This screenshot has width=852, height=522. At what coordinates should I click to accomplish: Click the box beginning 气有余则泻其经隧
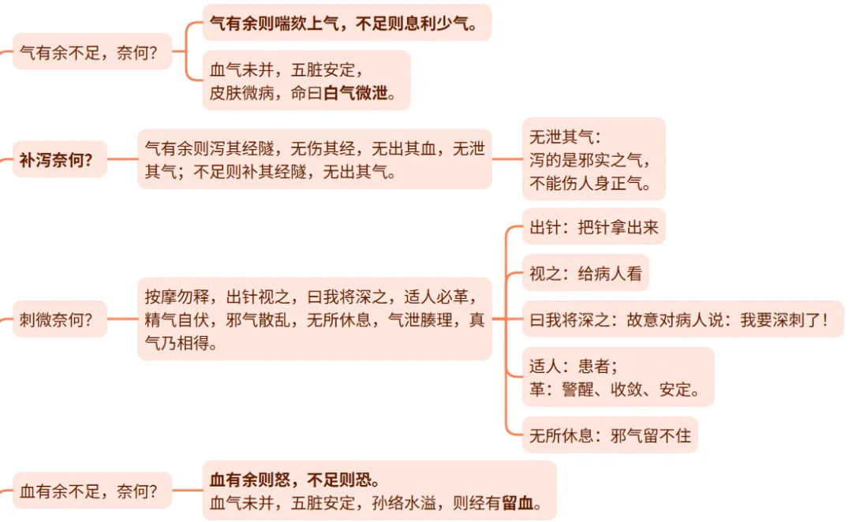[x=314, y=159]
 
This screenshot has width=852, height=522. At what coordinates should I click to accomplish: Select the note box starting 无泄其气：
[x=593, y=159]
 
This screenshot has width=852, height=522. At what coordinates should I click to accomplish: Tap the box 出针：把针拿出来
[x=593, y=228]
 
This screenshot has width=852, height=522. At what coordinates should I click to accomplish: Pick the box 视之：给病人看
[x=585, y=273]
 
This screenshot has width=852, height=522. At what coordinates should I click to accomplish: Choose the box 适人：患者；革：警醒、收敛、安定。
[x=617, y=377]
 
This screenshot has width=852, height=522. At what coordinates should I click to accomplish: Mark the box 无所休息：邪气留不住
[x=609, y=434]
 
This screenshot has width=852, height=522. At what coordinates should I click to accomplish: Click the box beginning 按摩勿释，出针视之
[x=314, y=319]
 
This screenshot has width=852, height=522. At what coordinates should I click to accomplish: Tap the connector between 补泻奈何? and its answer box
[x=121, y=159]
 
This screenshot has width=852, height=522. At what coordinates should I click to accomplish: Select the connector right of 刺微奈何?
[x=121, y=319]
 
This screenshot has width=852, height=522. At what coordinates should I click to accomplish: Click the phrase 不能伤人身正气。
[x=590, y=184]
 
